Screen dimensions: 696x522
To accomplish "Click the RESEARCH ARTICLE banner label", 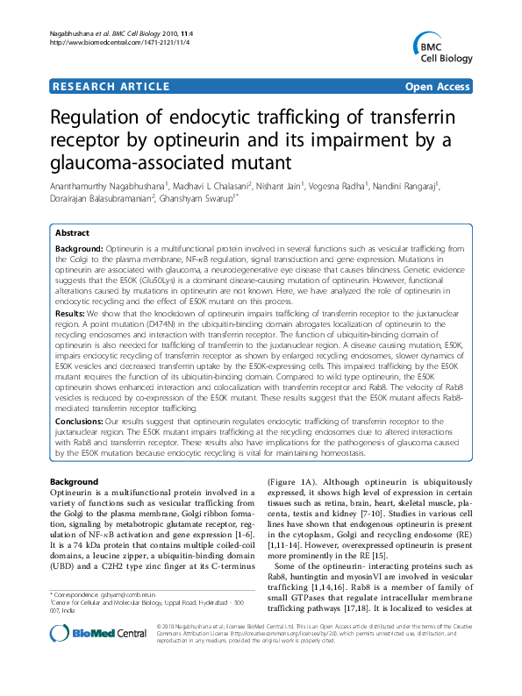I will pyautogui.click(x=111, y=86).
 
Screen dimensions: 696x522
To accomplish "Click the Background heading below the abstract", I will pyautogui.click(x=74, y=482).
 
